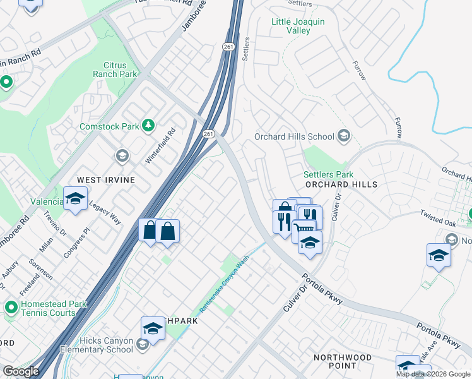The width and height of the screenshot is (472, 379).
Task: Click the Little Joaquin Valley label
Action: (x=298, y=26)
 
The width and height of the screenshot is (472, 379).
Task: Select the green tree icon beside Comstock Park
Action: (x=148, y=126)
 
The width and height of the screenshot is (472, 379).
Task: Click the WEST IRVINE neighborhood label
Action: (x=106, y=180)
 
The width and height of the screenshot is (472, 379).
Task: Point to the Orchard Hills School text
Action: (x=294, y=136)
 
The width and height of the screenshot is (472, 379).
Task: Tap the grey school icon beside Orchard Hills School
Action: (x=344, y=136)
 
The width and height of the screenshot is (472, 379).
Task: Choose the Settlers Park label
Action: (x=328, y=174)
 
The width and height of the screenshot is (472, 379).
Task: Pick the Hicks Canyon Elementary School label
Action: (x=97, y=345)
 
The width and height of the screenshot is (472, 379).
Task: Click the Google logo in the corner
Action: (x=21, y=371)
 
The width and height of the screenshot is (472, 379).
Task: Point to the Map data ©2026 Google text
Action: (x=433, y=374)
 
